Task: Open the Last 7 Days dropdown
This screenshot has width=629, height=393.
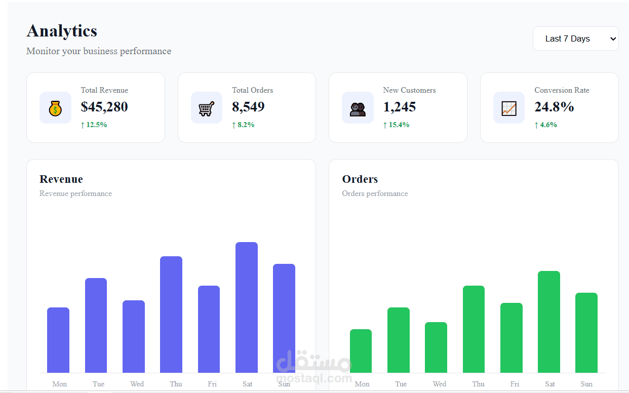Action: (x=576, y=38)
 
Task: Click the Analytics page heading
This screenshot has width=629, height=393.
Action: (x=62, y=31)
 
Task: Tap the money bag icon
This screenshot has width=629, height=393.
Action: (x=55, y=108)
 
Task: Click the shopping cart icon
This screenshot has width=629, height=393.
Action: (x=207, y=109)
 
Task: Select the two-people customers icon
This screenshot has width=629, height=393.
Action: (x=358, y=109)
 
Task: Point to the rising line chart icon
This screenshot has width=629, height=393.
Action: (x=509, y=108)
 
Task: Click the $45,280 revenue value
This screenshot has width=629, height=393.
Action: (x=104, y=107)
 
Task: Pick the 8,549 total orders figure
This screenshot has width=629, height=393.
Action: (x=248, y=107)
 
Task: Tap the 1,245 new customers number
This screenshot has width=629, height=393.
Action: (x=399, y=107)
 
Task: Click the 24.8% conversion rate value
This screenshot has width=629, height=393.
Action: (x=554, y=107)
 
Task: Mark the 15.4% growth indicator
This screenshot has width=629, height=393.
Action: (x=396, y=125)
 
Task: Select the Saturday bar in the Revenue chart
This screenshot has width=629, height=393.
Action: (x=247, y=307)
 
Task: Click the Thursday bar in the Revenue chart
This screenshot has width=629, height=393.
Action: (x=171, y=315)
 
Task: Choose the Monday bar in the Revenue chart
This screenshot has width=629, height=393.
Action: (x=58, y=340)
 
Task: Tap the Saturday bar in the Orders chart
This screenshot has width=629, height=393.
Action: (x=549, y=322)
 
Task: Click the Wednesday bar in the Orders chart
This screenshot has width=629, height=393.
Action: (x=436, y=347)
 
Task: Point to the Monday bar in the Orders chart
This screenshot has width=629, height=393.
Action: (x=361, y=351)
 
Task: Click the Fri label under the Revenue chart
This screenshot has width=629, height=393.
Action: (x=212, y=384)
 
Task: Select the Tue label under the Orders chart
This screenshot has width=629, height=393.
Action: (x=401, y=384)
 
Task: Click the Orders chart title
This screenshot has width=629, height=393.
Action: (x=360, y=179)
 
